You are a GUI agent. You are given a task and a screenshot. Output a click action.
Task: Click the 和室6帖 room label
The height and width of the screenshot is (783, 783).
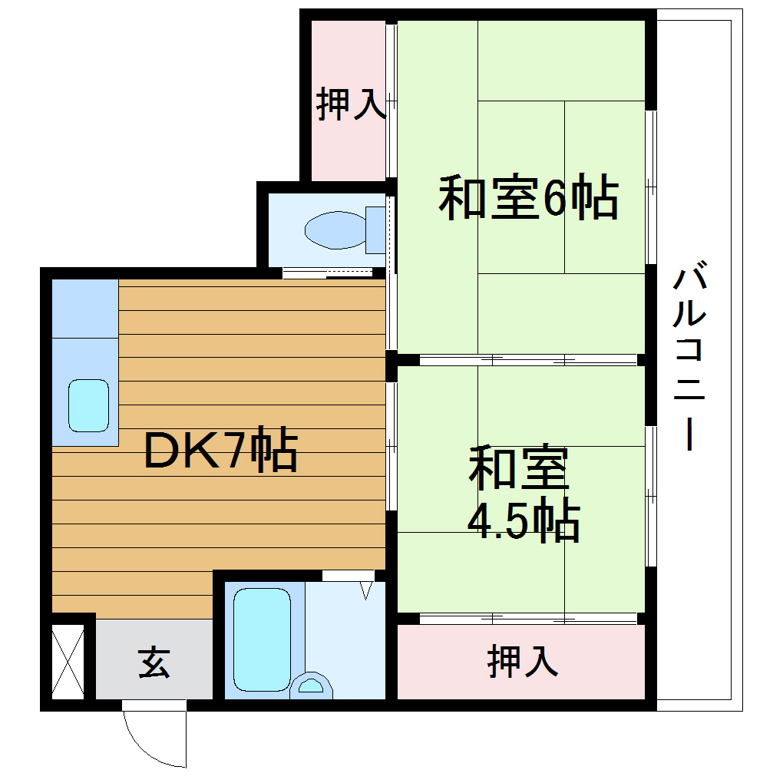point(528,199)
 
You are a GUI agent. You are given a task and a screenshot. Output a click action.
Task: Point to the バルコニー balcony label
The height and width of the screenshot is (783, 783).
point(690,358)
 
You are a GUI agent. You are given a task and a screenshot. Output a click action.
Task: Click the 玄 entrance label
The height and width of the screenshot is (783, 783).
point(154,662)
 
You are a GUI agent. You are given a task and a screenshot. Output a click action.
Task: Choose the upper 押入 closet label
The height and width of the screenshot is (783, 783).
point(350,104)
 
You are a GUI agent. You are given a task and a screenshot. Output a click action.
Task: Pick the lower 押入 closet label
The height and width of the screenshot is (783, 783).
point(522,661)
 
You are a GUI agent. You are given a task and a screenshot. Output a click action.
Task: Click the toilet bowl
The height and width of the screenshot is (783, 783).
point(335,230)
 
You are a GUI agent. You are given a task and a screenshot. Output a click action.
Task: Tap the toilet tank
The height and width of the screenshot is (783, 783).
point(375,229)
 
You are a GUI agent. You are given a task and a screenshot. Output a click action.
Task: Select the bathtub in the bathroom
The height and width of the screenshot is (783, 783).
point(262,639)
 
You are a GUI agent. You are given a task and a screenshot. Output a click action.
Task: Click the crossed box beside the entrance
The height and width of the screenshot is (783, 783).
point(68,662)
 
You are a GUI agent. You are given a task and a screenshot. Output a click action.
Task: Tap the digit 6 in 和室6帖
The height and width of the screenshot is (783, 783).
point(554,200)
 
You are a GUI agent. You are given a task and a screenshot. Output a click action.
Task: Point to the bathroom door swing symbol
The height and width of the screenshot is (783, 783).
point(365,590)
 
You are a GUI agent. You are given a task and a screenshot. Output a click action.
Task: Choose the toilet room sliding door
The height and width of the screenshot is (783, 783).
point(327,273)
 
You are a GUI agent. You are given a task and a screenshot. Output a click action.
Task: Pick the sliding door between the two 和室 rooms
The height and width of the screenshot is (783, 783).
point(528,359)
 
